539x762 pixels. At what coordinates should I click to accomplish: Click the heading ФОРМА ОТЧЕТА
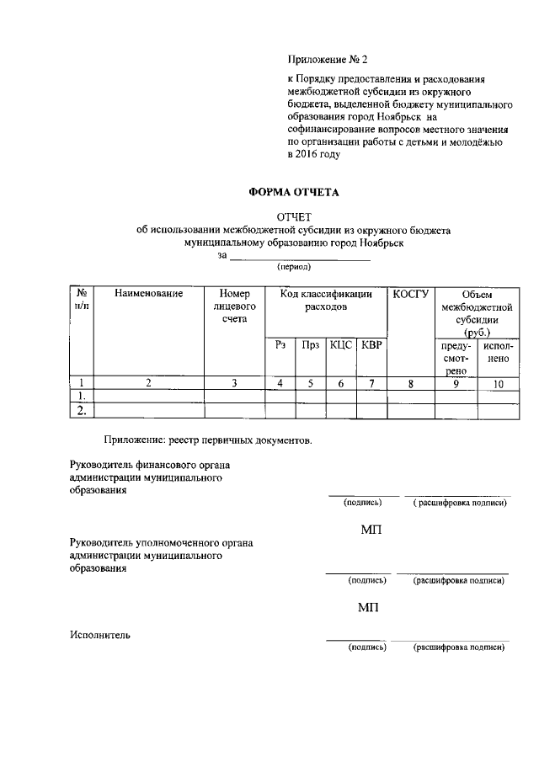293,192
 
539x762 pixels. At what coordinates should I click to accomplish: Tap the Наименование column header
149,294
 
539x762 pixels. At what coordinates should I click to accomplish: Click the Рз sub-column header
280,345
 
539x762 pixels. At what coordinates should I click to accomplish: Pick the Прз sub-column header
310,345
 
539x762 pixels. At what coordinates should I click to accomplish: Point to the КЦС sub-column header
340,345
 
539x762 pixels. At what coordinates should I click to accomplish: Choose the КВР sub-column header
371,345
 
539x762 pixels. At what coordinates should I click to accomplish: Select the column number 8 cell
411,383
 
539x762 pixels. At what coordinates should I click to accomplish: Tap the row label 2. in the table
82,411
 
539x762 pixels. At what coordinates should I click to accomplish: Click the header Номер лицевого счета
235,306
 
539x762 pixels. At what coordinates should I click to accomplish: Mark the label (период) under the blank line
294,267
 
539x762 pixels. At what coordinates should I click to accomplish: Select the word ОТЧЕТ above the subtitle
294,217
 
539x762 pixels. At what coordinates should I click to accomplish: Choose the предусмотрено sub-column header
456,359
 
